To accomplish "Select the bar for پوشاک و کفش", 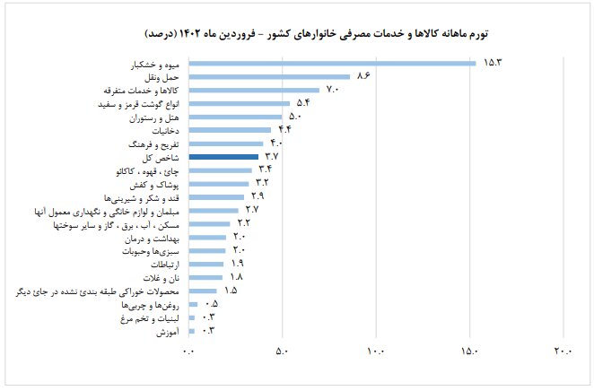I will (x=218, y=183).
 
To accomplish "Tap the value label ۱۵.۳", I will (x=494, y=63).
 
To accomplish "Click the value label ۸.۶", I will (x=364, y=76).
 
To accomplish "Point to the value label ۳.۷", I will (x=275, y=157).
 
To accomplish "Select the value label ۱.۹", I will (x=238, y=264).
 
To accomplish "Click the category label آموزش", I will (x=170, y=332).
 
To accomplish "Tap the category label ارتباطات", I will (x=164, y=265).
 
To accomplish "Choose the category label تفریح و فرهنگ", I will (x=155, y=143).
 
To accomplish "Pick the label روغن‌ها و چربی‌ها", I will (x=155, y=305).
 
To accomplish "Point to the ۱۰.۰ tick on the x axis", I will (x=376, y=352).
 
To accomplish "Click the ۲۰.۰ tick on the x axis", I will (x=563, y=352).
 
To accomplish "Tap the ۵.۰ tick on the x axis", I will (x=282, y=352).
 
